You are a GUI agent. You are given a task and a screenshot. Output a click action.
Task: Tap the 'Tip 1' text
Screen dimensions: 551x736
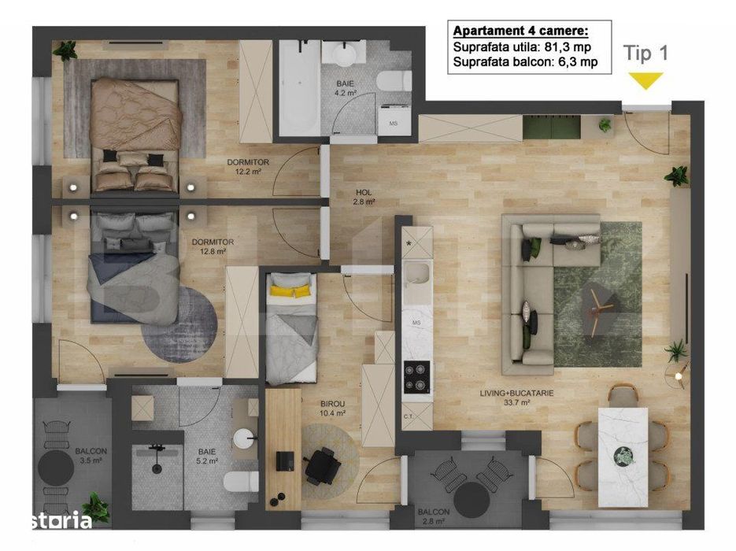(x=645, y=54)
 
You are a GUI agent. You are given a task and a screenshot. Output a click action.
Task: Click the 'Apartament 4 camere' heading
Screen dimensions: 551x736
(x=520, y=32)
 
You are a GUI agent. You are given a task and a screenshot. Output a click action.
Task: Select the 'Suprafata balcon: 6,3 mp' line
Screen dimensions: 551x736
(x=525, y=62)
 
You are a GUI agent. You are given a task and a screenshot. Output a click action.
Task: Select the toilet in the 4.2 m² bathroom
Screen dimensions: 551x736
(x=393, y=80)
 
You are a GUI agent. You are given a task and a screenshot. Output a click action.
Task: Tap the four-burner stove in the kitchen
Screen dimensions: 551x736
(x=416, y=376)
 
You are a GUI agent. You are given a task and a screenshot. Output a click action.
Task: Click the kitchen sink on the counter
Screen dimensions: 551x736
(x=416, y=276)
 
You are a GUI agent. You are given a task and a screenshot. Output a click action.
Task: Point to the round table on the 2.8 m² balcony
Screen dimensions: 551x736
(x=472, y=497)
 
